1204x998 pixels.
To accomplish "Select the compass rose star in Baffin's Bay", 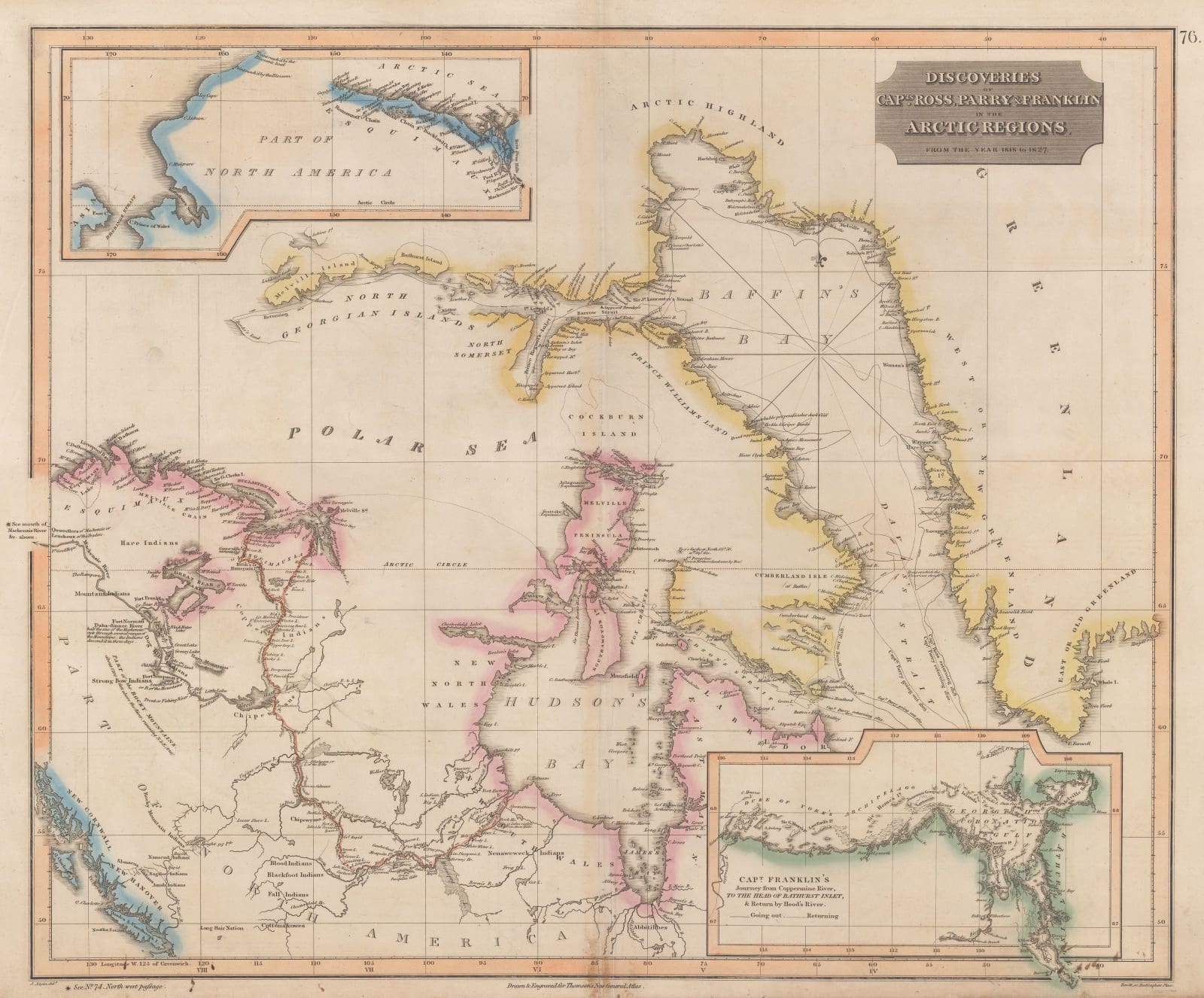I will (x=820, y=339).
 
